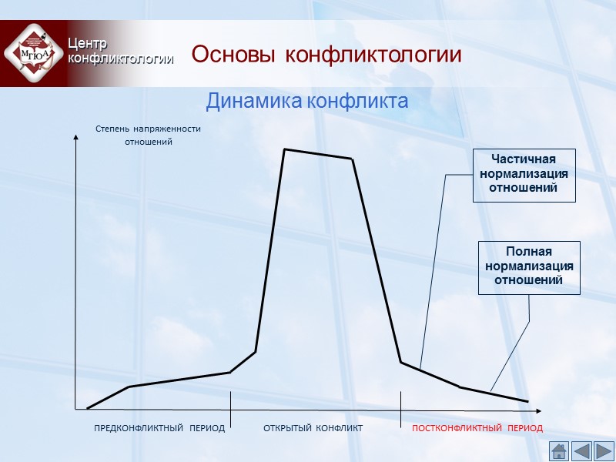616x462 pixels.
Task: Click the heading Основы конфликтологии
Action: [326, 55]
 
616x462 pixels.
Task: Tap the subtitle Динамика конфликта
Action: [306, 101]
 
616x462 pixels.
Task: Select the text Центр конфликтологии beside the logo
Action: [119, 51]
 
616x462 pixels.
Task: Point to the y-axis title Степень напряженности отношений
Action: [148, 136]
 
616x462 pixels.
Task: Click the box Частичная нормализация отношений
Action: [524, 176]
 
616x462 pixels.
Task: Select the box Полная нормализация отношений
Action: [528, 267]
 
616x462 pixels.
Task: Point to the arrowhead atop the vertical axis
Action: [75, 139]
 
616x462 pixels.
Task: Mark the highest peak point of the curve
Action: [285, 149]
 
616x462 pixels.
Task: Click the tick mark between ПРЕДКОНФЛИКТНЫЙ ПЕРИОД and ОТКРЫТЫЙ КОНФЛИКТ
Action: [231, 403]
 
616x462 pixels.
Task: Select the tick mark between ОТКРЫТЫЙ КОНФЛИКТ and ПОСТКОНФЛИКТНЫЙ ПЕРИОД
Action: [400, 403]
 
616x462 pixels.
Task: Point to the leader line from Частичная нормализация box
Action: [433, 269]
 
